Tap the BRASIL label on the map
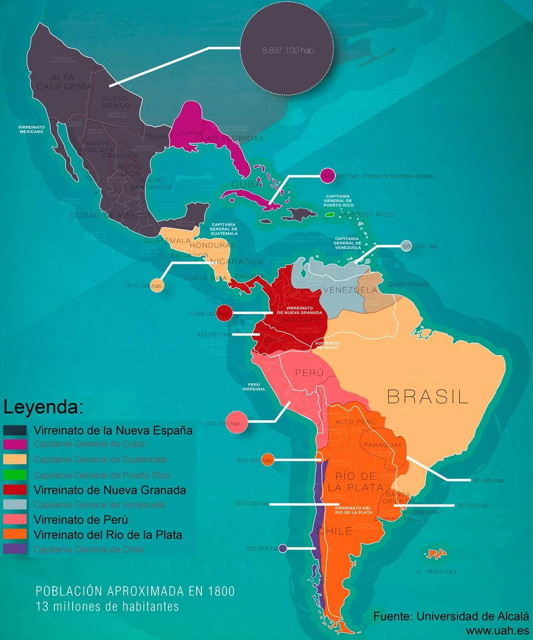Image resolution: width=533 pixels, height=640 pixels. (x=427, y=396)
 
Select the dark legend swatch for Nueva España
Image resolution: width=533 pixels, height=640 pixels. (x=15, y=431)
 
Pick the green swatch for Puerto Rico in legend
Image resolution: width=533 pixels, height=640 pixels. (x=15, y=475)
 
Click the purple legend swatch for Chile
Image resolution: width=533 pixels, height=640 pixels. (x=15, y=549)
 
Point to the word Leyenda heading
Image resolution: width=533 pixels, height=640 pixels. (x=43, y=407)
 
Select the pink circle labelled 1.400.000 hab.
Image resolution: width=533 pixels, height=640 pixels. (x=235, y=423)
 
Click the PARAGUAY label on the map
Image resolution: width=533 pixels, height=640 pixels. (x=383, y=445)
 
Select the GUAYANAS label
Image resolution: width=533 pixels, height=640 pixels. (x=407, y=285)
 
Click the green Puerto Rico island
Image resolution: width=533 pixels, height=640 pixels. (x=330, y=214)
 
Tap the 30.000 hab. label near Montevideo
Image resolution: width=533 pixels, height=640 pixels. (x=472, y=506)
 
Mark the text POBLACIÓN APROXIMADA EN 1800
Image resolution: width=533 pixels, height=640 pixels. (x=135, y=591)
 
